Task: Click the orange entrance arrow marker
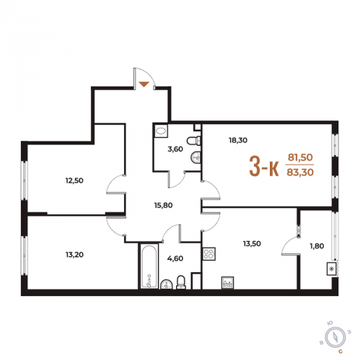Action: point(144,84)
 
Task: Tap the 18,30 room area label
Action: point(238,140)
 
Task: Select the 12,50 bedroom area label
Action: point(74,180)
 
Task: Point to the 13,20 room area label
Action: point(74,254)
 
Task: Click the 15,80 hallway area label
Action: point(164,205)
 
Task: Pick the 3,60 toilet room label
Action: point(175,149)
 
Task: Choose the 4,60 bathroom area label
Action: point(175,258)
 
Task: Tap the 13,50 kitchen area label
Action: point(252,243)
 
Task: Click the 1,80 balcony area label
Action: point(317,246)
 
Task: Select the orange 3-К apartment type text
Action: point(264,166)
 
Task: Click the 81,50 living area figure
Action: point(300,157)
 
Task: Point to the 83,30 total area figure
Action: point(300,173)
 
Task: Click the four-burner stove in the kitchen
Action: point(209,254)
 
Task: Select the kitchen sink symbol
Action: point(228,282)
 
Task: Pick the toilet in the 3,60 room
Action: point(194,141)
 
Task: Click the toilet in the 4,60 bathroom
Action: point(181,282)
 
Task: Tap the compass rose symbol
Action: point(335,337)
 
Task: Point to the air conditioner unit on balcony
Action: point(331,269)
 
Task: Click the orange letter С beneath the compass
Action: point(341,352)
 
